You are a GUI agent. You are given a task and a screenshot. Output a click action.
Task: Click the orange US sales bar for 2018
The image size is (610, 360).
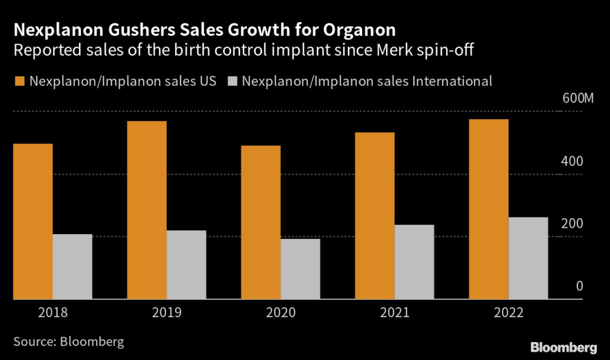point(33,221)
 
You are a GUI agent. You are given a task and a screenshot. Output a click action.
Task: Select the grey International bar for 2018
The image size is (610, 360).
point(73,266)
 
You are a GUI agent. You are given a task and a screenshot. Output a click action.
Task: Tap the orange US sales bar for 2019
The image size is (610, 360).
point(147,210)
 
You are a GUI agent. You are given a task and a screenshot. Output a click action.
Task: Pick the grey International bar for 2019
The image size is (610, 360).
point(186,265)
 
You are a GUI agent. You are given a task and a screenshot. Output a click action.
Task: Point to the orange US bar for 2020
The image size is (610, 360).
point(261,222)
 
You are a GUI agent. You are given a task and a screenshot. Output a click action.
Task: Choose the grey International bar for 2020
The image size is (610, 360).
point(300,269)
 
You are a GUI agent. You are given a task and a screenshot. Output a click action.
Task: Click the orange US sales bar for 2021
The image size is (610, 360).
point(375,216)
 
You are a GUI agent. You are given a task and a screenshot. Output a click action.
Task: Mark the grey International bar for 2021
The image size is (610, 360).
point(415,262)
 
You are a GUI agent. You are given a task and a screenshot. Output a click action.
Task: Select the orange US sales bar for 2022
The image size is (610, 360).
point(488,209)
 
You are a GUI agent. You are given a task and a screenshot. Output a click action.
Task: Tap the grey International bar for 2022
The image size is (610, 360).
point(528,258)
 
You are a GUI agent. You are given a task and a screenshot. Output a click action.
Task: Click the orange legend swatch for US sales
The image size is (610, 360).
point(18,81)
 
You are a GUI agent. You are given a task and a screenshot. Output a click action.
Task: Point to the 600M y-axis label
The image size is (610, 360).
point(578,98)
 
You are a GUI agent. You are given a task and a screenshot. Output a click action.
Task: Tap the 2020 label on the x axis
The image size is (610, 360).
point(281,313)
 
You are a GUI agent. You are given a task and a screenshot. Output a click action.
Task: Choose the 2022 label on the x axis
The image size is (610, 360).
point(508,313)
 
